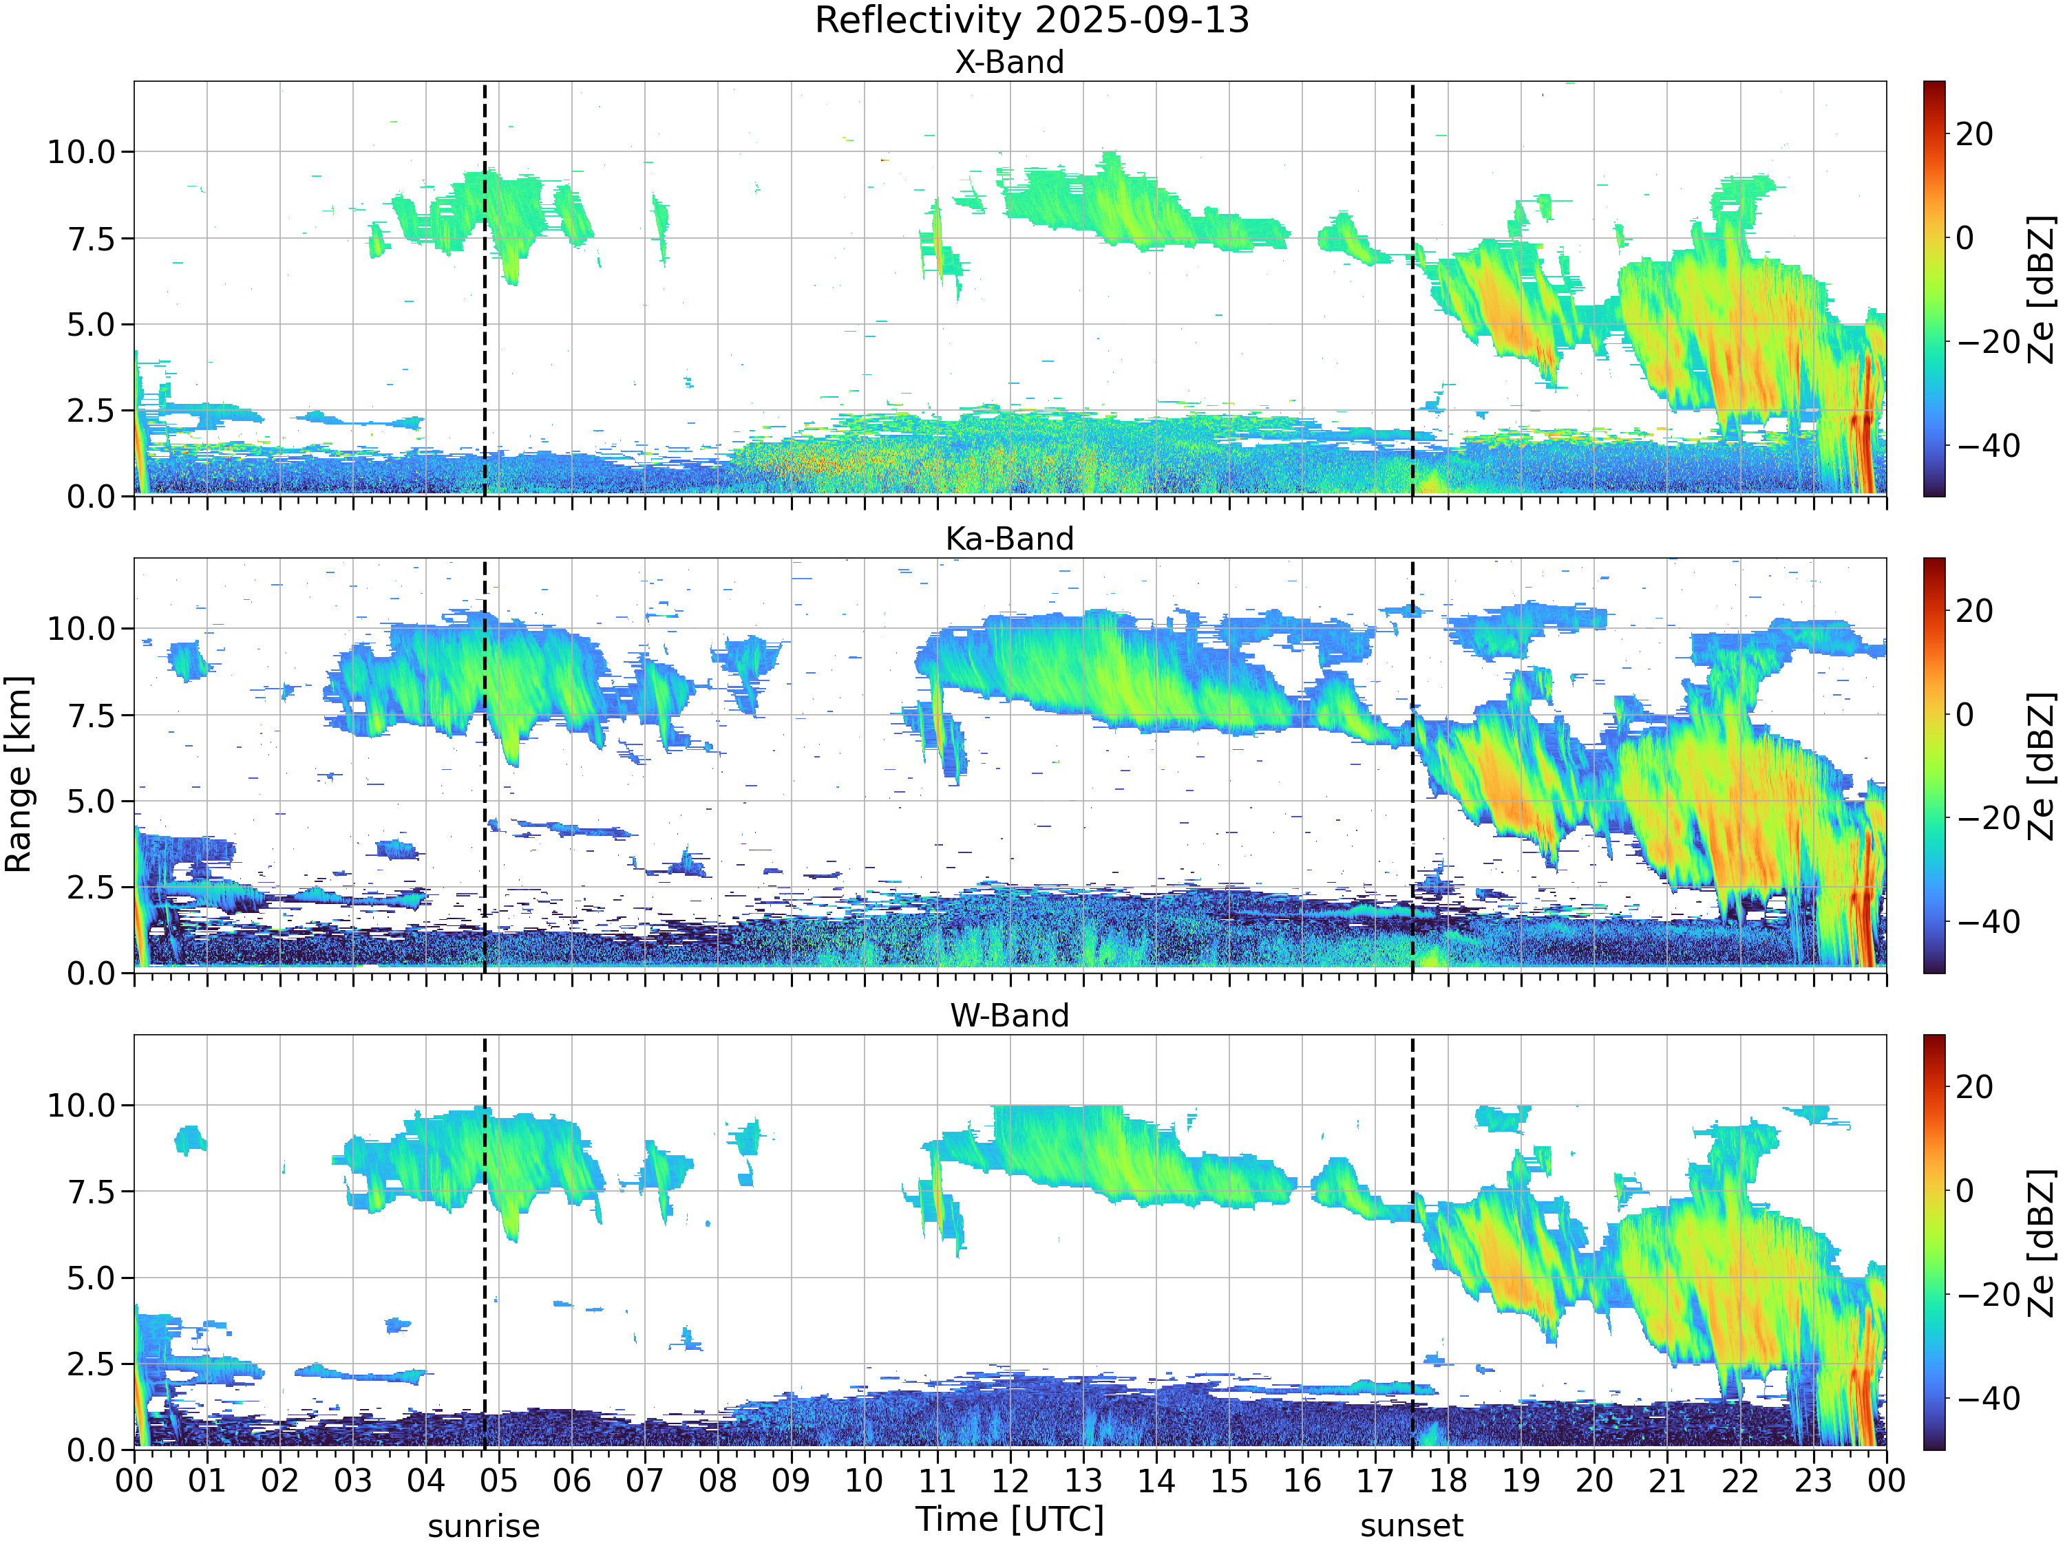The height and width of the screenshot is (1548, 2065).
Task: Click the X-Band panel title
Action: (x=1009, y=62)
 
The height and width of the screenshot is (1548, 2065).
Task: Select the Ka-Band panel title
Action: (x=1009, y=539)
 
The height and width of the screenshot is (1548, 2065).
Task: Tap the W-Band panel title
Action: (x=1009, y=1015)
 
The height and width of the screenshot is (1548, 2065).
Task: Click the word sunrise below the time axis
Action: (x=484, y=1527)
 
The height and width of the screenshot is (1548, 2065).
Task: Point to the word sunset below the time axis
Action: (x=1412, y=1527)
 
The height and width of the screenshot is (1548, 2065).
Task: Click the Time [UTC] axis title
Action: (x=1009, y=1519)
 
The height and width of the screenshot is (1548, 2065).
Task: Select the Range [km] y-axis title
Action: (x=19, y=775)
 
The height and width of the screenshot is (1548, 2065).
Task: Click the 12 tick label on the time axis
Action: (x=1009, y=1481)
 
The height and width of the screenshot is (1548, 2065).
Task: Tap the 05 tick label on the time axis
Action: (x=498, y=1481)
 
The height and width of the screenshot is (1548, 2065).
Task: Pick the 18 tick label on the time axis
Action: (x=1448, y=1481)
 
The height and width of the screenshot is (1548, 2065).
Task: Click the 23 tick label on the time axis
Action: (x=1813, y=1481)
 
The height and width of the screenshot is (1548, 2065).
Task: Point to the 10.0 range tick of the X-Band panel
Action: (x=81, y=151)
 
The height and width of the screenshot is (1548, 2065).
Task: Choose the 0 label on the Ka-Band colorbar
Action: (x=1965, y=715)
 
